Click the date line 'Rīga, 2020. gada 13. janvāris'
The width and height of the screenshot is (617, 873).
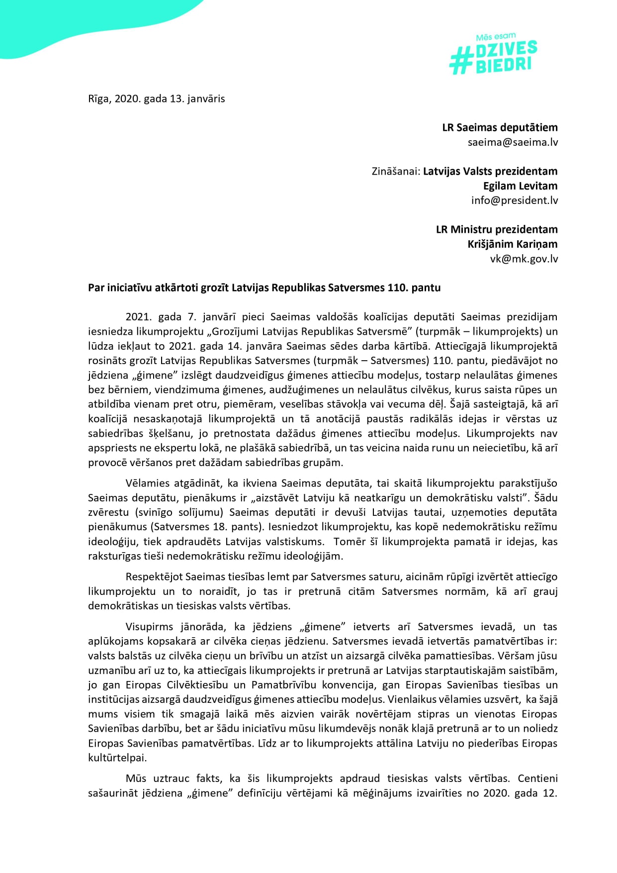tap(156, 98)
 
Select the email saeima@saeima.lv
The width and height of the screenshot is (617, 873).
tap(513, 142)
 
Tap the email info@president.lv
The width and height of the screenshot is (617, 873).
tap(514, 200)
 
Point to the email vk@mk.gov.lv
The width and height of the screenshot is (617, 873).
tap(524, 259)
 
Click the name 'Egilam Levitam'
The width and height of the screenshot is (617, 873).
tap(520, 186)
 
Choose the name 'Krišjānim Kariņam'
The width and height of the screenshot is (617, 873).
tap(512, 244)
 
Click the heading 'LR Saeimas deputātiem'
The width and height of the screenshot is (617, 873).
tap(500, 127)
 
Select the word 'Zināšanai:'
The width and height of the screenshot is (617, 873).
tap(396, 172)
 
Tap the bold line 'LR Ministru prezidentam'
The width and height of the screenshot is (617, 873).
tap(497, 230)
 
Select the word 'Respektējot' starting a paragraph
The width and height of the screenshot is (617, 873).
tap(154, 577)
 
